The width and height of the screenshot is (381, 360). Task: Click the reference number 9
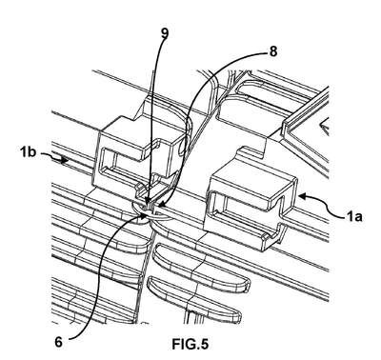(164, 34)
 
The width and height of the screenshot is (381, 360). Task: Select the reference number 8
(273, 51)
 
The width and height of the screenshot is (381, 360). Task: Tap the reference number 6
(58, 342)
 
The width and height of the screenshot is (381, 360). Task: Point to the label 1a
(354, 216)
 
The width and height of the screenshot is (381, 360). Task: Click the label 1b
(28, 152)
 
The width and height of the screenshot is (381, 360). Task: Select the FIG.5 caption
(190, 344)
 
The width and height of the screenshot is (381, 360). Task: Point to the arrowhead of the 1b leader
(65, 160)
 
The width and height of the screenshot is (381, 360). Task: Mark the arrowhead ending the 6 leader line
(145, 215)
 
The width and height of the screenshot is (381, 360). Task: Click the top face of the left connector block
(140, 130)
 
